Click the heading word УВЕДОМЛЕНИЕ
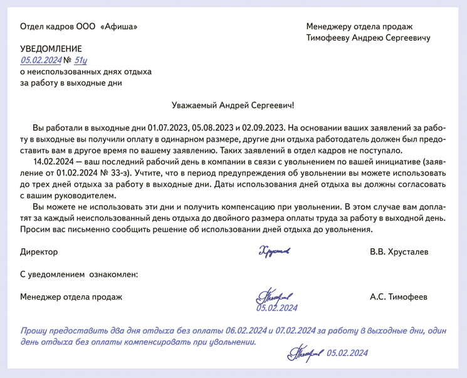tap(51, 48)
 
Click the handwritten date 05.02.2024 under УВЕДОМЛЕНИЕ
tap(41, 60)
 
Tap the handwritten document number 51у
tap(80, 60)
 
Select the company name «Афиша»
tap(118, 26)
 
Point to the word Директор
tap(39, 252)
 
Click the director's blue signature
tap(273, 252)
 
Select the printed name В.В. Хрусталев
tap(399, 252)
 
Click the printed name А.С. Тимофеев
tap(399, 297)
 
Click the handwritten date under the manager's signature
tap(276, 308)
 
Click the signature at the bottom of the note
tap(304, 355)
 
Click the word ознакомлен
tap(113, 274)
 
